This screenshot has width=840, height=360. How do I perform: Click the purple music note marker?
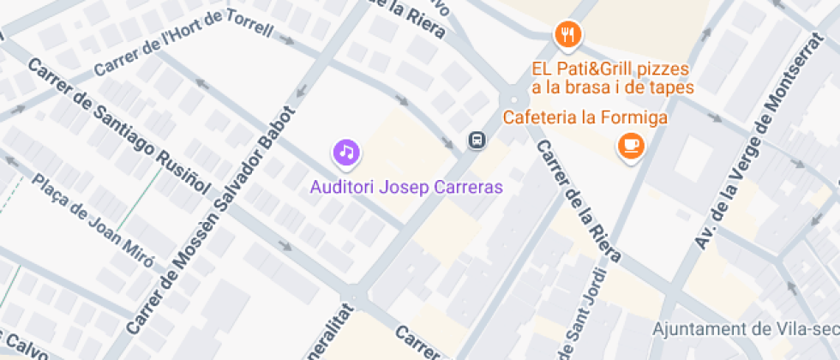tap(346, 153)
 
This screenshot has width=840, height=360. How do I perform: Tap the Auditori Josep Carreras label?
tap(406, 186)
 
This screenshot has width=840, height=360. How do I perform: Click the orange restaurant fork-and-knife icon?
tap(567, 35)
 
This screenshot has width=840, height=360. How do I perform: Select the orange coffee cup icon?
tap(632, 146)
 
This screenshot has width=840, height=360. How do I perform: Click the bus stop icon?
tap(476, 140)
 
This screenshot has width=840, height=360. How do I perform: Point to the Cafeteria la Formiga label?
tap(585, 117)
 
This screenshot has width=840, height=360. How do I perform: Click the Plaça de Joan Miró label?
tap(95, 222)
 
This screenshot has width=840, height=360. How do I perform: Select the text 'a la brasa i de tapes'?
tap(612, 87)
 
